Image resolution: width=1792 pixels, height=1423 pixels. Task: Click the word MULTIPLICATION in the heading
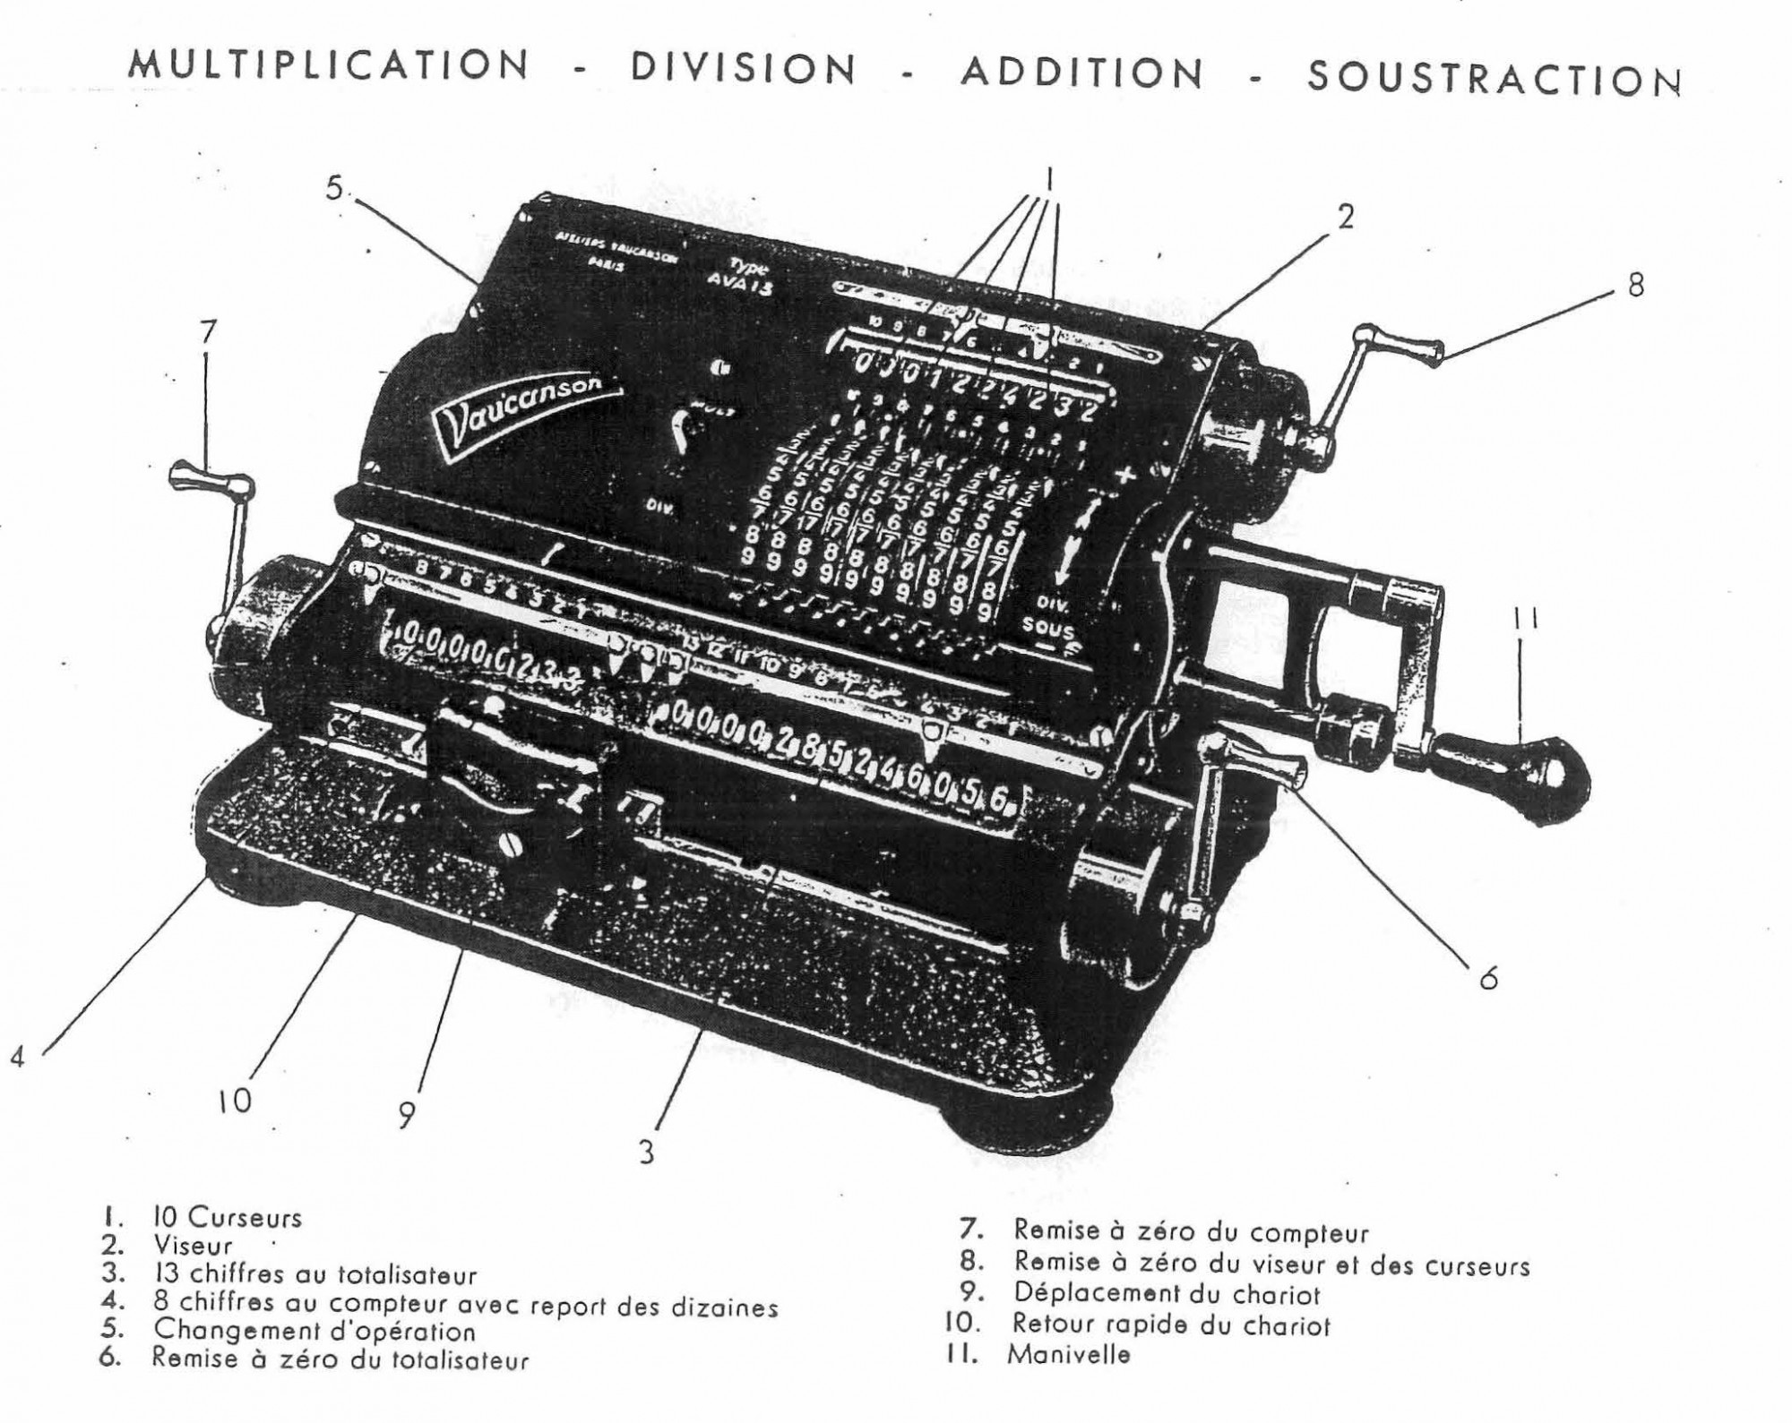click(329, 65)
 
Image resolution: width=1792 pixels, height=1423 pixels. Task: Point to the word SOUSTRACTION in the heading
click(1494, 79)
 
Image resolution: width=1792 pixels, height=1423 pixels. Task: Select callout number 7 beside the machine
click(207, 332)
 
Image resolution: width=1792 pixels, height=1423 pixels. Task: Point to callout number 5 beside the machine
click(334, 190)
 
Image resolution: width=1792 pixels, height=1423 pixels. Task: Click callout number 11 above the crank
click(1527, 618)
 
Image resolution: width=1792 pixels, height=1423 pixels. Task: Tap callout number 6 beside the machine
click(1488, 978)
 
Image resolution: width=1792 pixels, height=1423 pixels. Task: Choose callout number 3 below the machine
click(647, 1152)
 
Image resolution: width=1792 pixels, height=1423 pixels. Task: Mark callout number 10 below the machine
click(235, 1102)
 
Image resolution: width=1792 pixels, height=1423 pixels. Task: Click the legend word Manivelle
click(1068, 1354)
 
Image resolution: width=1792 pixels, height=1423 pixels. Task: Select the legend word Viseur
click(193, 1246)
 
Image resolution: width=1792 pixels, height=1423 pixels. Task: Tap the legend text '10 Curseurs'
click(228, 1218)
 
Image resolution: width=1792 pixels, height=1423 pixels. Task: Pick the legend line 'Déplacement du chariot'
click(1167, 1294)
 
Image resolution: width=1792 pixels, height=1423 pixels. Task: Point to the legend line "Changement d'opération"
click(314, 1331)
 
